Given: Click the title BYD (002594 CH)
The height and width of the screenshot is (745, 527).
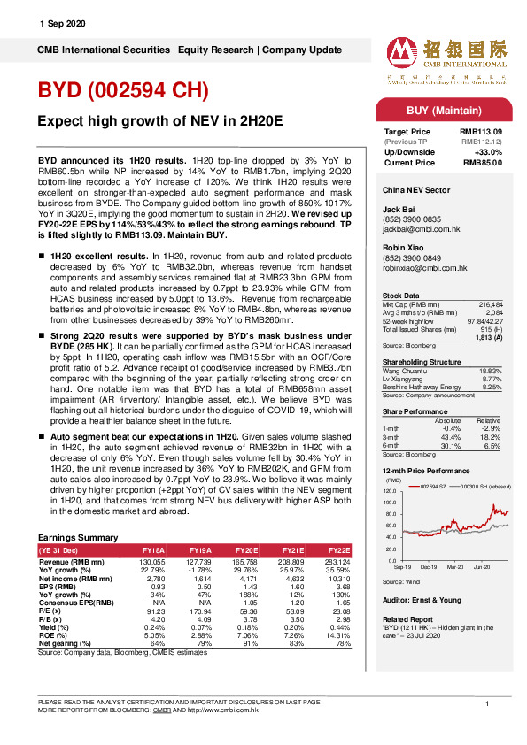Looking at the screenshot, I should pos(123,90).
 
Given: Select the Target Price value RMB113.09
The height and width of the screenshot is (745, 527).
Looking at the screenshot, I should pos(483,131).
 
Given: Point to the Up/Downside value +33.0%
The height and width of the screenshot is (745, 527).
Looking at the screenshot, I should pos(489,151).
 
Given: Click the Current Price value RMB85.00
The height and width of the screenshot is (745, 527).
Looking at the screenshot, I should pos(484,162).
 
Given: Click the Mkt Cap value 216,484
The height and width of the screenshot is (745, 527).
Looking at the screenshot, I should pos(492,303).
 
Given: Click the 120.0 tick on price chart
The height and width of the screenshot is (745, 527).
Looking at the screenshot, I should pos(390,490).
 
